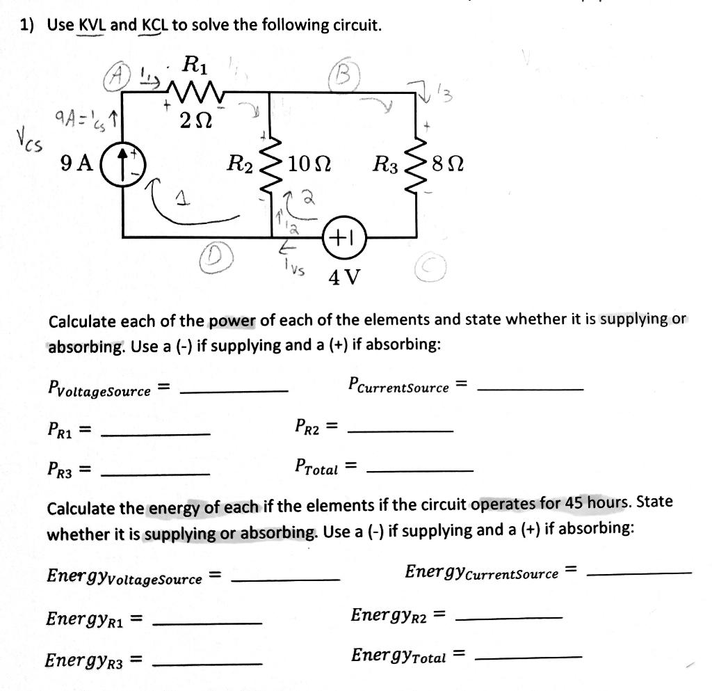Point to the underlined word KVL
click(92, 26)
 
